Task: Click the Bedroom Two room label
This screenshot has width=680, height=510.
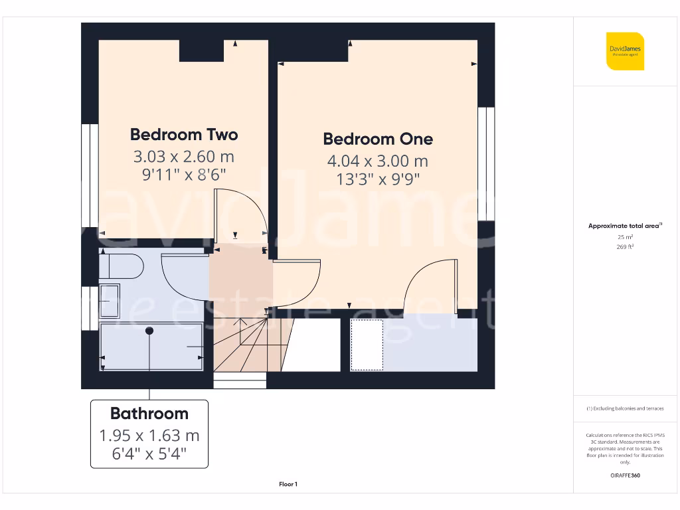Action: tap(184, 135)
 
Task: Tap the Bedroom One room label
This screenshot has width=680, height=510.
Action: tap(378, 139)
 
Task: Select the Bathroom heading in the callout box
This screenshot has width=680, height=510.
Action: tap(149, 413)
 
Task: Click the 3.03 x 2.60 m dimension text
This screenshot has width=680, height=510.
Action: tap(184, 157)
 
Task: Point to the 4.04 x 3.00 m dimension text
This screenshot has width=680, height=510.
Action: tap(378, 161)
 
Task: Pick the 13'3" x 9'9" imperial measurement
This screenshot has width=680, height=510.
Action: tap(378, 178)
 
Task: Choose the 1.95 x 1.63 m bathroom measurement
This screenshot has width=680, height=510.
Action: tap(149, 436)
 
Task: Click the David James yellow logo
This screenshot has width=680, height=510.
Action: tap(625, 51)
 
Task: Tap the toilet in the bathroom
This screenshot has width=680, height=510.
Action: tap(122, 267)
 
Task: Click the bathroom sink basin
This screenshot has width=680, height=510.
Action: tap(110, 303)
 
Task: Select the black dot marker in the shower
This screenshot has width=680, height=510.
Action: tap(149, 330)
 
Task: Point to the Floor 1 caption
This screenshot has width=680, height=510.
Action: tap(288, 485)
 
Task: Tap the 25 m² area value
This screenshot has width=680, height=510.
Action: tap(625, 237)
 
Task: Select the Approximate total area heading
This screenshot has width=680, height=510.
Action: tap(625, 226)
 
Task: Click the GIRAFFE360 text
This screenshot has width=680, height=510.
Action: tap(625, 475)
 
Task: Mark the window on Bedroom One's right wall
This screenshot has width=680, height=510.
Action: tap(486, 164)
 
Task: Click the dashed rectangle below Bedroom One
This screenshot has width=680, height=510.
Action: tap(367, 345)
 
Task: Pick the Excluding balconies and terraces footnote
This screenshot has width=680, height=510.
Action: tap(625, 408)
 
